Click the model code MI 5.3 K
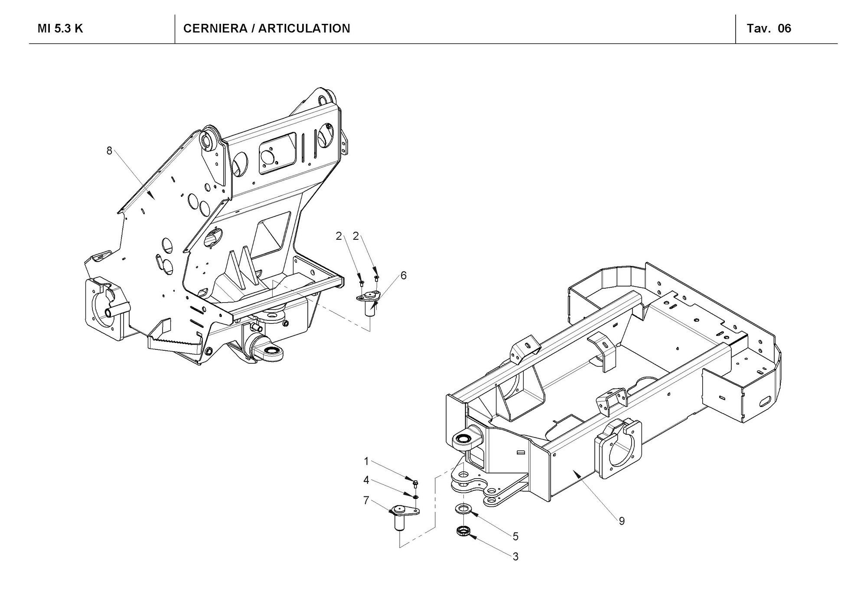(x=60, y=29)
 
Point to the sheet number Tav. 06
(x=769, y=29)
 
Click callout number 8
(x=109, y=150)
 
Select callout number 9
(x=622, y=521)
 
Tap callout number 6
(x=404, y=275)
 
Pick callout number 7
(x=366, y=501)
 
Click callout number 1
(x=366, y=461)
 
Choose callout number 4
(x=366, y=480)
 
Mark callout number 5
(x=515, y=536)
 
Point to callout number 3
(x=515, y=556)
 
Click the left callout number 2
(x=339, y=236)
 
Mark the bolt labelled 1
(x=415, y=482)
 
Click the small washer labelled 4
(x=415, y=497)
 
